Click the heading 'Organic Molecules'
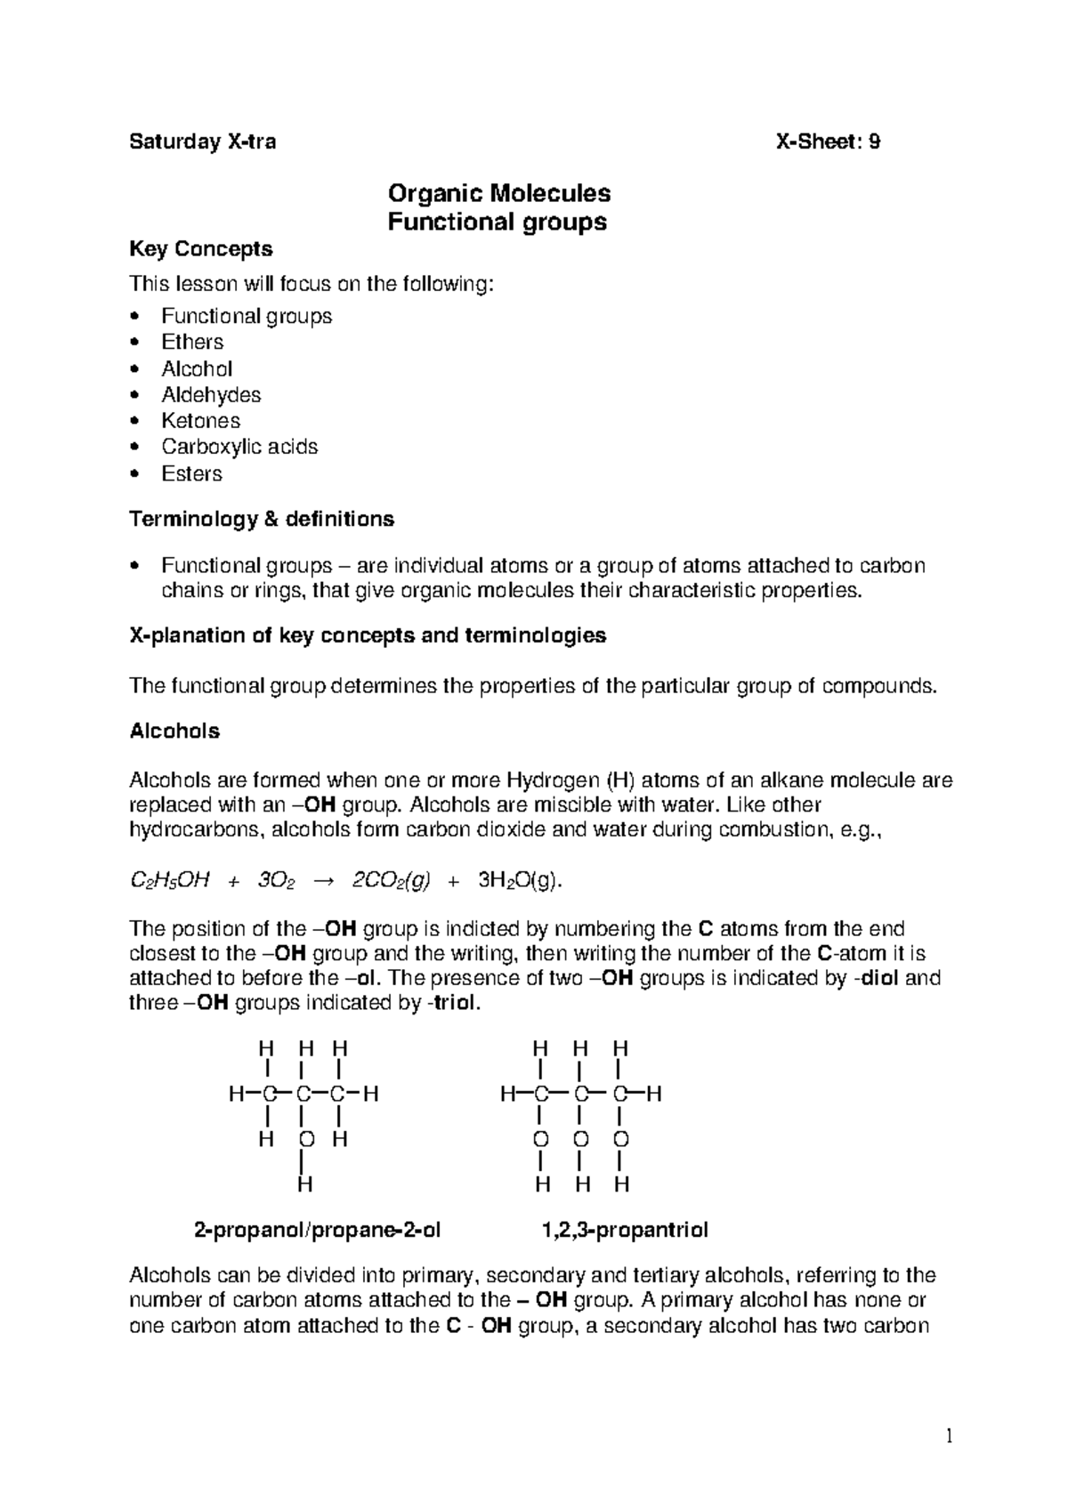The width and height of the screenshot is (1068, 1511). pyautogui.click(x=498, y=193)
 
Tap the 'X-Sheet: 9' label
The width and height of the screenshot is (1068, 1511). pyautogui.click(x=828, y=141)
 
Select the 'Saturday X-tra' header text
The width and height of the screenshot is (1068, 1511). pyautogui.click(x=203, y=141)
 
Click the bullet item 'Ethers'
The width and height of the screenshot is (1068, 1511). pyautogui.click(x=192, y=343)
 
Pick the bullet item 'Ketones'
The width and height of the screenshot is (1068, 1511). pyautogui.click(x=200, y=421)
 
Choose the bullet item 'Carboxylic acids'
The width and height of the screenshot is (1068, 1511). pyautogui.click(x=239, y=447)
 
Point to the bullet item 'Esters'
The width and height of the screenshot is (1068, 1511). pyautogui.click(x=191, y=473)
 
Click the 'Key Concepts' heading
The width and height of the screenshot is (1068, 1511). pyautogui.click(x=201, y=249)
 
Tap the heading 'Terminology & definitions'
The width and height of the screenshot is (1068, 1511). pyautogui.click(x=262, y=519)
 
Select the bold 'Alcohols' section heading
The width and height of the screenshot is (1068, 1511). pyautogui.click(x=174, y=731)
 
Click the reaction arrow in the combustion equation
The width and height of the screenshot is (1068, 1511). pyautogui.click(x=323, y=881)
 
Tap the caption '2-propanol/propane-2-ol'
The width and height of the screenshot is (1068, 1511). pyautogui.click(x=317, y=1231)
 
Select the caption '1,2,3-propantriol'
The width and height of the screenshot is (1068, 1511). pyautogui.click(x=625, y=1231)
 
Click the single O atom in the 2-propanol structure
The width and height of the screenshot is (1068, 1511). pyautogui.click(x=305, y=1140)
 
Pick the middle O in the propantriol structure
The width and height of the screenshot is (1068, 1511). pyautogui.click(x=580, y=1140)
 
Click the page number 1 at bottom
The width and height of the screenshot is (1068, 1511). pyautogui.click(x=949, y=1435)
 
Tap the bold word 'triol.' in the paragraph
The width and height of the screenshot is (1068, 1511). pyautogui.click(x=457, y=1004)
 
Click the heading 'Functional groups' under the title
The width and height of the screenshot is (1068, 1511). pyautogui.click(x=498, y=222)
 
